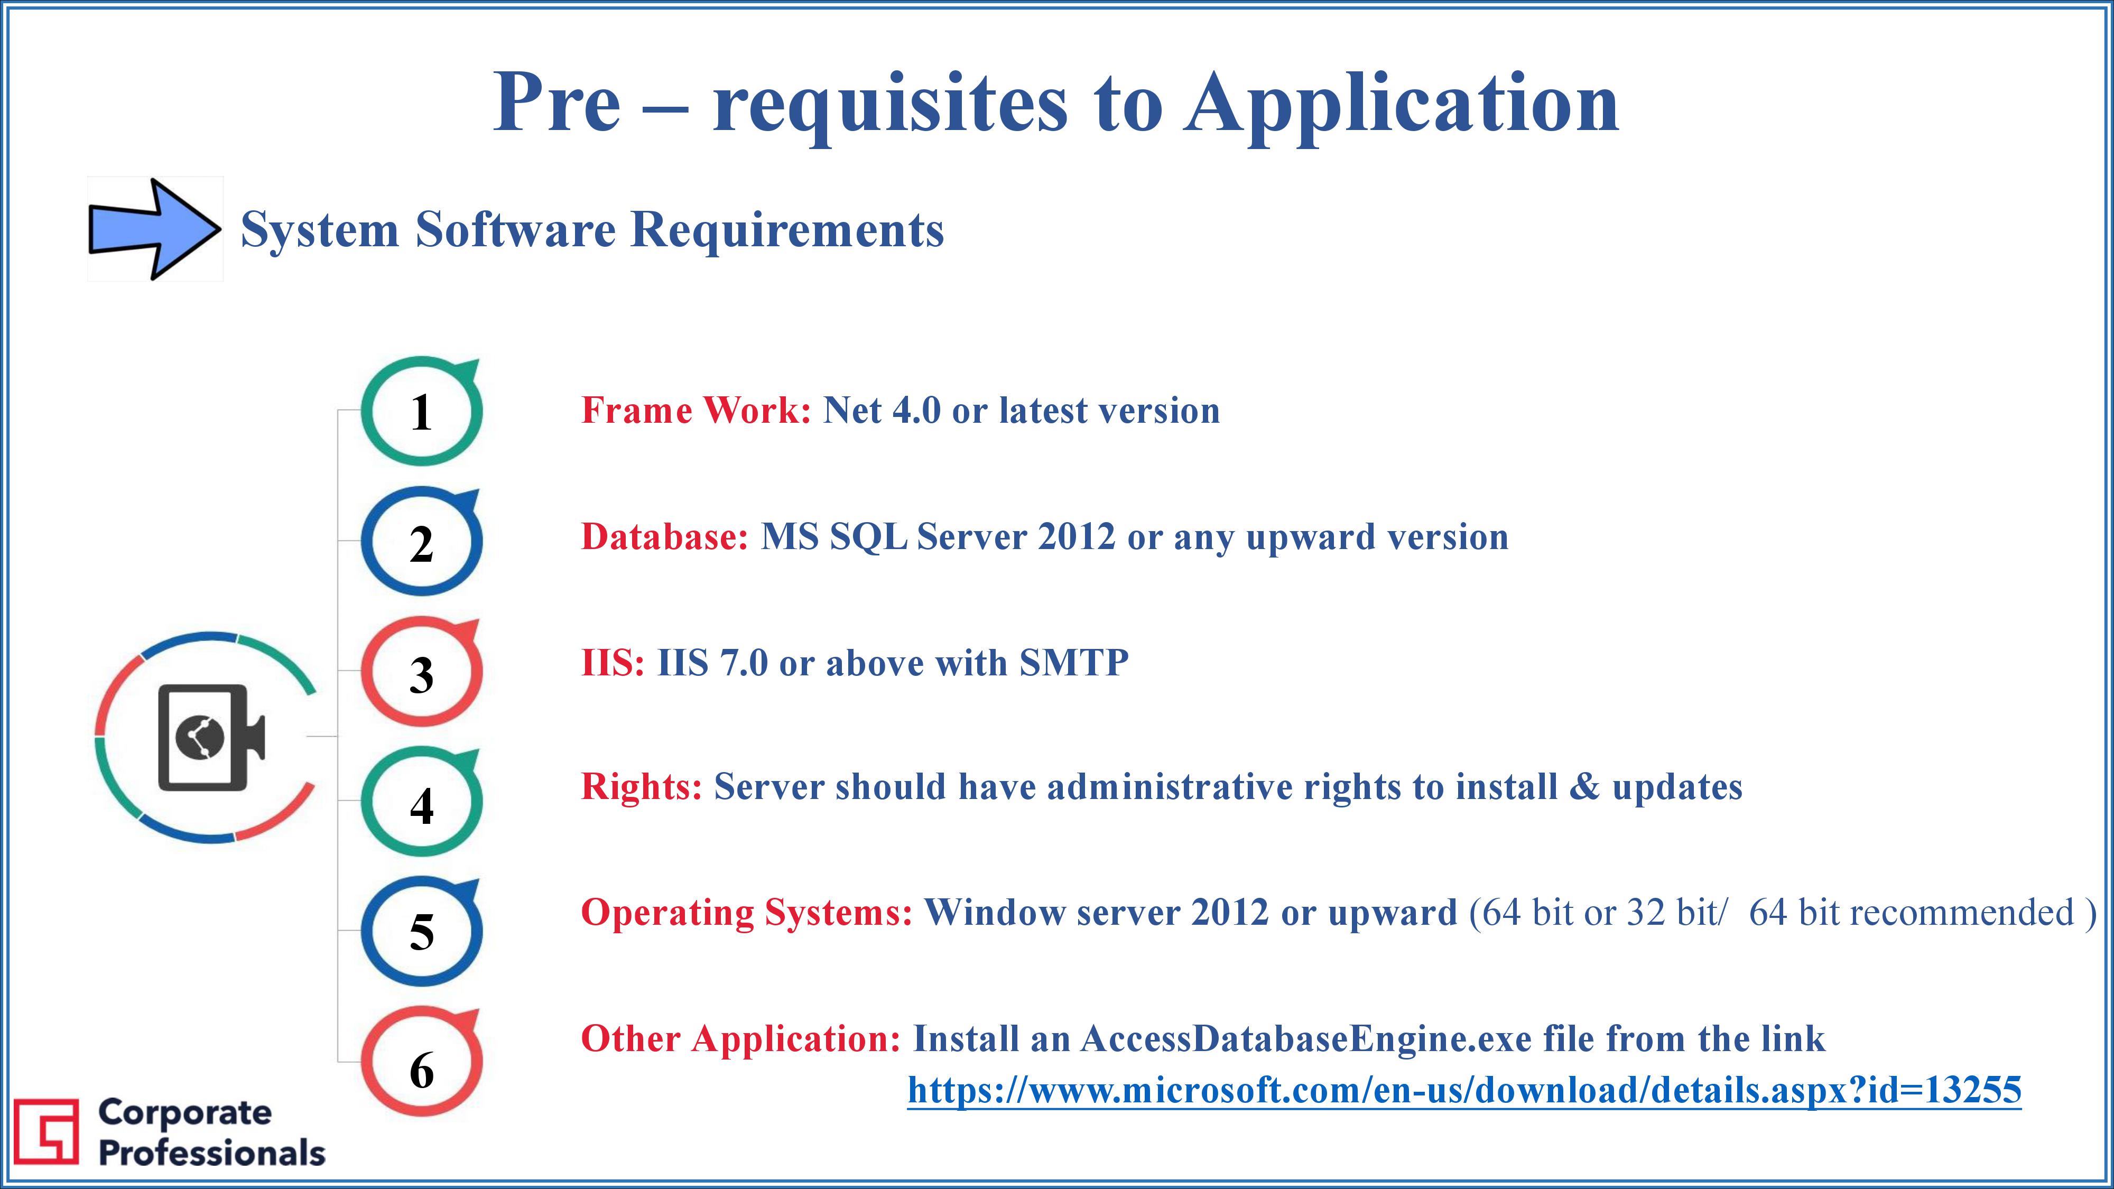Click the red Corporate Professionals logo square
47,1131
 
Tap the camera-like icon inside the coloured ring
211,737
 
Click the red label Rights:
642,787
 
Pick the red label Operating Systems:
747,913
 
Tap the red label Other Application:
741,1039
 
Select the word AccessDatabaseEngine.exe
1305,1039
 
